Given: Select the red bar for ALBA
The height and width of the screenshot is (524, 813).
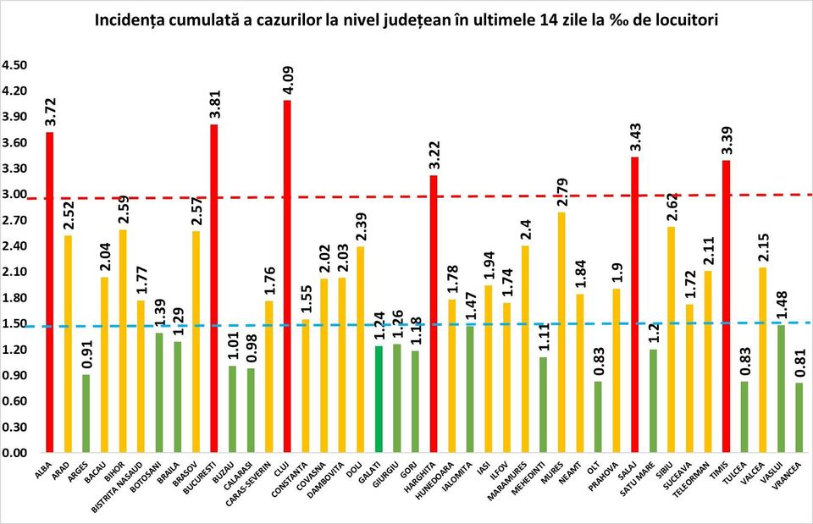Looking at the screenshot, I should pos(50,292).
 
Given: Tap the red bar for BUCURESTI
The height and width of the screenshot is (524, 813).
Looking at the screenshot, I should pos(214,288).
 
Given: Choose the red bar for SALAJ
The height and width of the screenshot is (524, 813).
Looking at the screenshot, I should pos(634,305).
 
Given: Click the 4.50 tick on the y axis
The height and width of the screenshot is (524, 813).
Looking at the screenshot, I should pos(15,65).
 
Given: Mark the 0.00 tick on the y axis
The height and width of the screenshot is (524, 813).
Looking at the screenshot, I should pos(15,453).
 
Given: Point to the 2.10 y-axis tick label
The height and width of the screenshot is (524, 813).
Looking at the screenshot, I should pos(15,272).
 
